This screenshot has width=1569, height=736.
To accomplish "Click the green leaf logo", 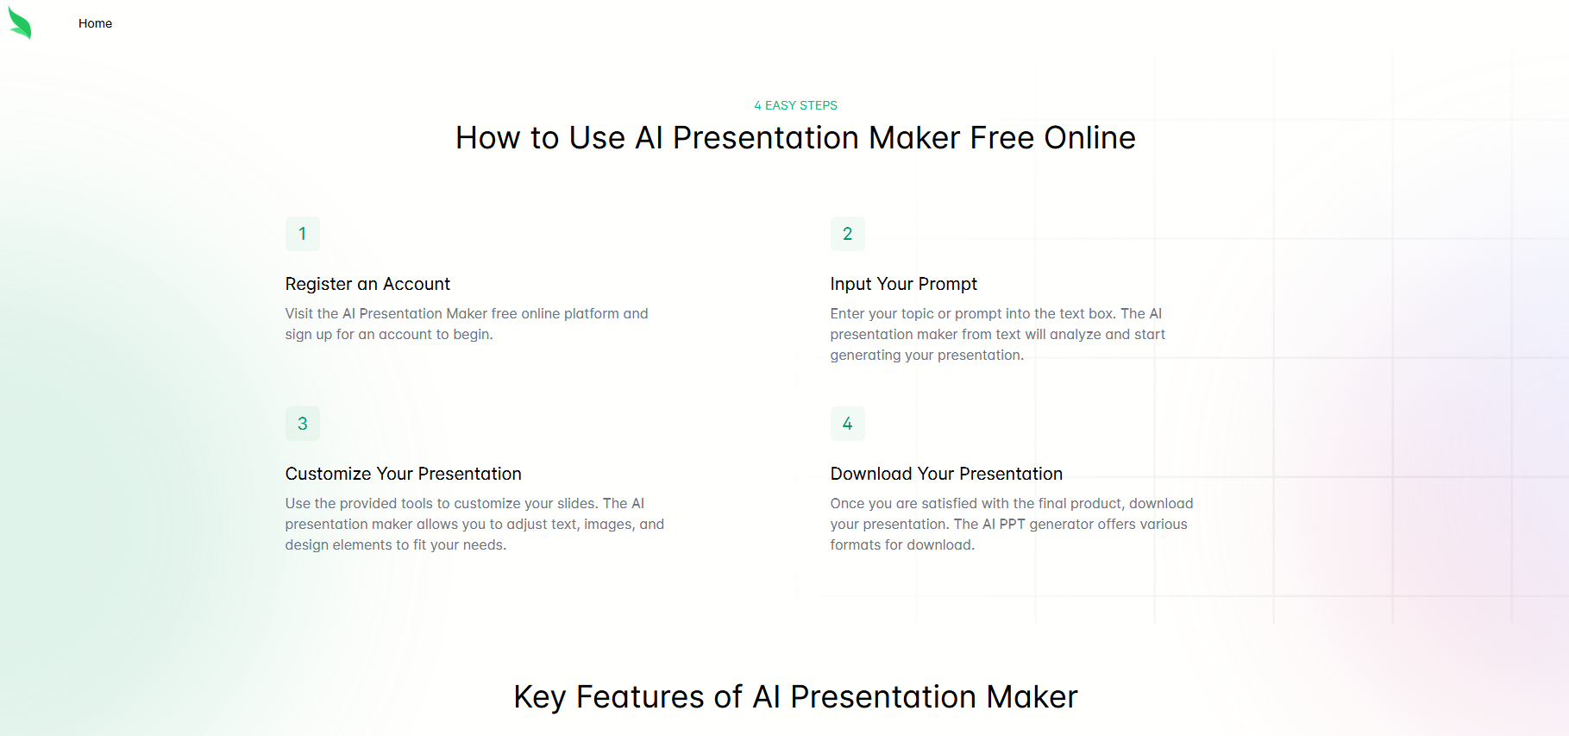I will pyautogui.click(x=20, y=23).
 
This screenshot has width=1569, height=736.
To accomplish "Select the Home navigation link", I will pyautogui.click(x=95, y=23).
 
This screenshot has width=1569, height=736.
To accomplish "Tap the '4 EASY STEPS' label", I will pyautogui.click(x=795, y=105).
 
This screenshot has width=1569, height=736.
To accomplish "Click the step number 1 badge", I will pyautogui.click(x=303, y=234).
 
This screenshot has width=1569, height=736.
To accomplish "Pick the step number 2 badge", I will pyautogui.click(x=847, y=234).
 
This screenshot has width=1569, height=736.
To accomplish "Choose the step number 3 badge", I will pyautogui.click(x=303, y=424).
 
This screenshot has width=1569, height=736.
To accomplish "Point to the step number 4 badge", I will pyautogui.click(x=847, y=424).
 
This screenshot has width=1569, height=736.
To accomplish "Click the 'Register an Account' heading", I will pyautogui.click(x=367, y=284).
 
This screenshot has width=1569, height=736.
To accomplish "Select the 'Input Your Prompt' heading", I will pyautogui.click(x=903, y=284).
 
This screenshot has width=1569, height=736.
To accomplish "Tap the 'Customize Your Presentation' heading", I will pyautogui.click(x=403, y=474).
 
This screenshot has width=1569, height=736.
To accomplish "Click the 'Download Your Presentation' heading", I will pyautogui.click(x=946, y=474).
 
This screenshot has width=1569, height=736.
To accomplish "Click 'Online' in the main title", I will pyautogui.click(x=1089, y=138).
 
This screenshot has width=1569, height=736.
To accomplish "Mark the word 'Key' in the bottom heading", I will pyautogui.click(x=539, y=697).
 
